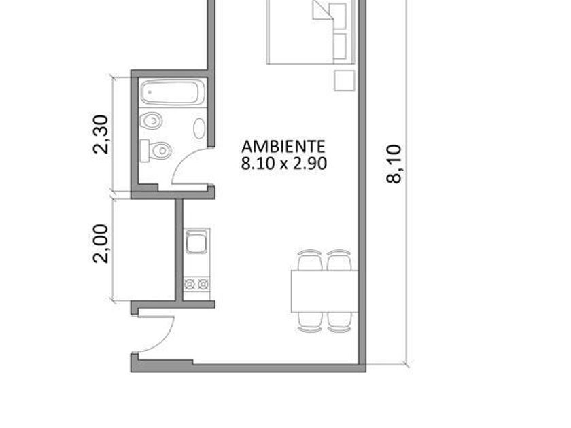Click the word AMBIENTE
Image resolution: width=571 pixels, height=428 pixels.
(x=283, y=146)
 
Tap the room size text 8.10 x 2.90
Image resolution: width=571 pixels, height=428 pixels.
(x=283, y=164)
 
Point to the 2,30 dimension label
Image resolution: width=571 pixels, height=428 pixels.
(x=101, y=135)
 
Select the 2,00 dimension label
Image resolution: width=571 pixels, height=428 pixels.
(x=101, y=243)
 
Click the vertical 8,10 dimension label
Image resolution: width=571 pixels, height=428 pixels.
(x=394, y=164)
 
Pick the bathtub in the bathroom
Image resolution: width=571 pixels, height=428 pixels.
(x=173, y=92)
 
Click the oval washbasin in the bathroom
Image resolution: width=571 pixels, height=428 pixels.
(x=199, y=128)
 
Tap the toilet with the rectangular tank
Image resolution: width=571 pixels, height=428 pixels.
(x=156, y=150)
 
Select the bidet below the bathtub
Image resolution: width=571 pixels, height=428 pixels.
(x=151, y=121)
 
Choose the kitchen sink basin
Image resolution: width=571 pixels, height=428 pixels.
(x=196, y=243)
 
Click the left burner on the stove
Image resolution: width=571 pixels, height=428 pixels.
(x=190, y=284)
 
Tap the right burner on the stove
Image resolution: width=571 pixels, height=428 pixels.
(x=203, y=284)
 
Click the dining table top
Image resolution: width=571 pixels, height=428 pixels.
(x=325, y=291)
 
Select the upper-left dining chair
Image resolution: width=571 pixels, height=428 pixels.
(x=310, y=260)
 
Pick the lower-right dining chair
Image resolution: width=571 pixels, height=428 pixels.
(x=339, y=322)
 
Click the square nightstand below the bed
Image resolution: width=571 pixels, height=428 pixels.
(x=345, y=81)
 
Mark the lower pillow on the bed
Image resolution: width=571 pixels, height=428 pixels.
(x=339, y=46)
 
